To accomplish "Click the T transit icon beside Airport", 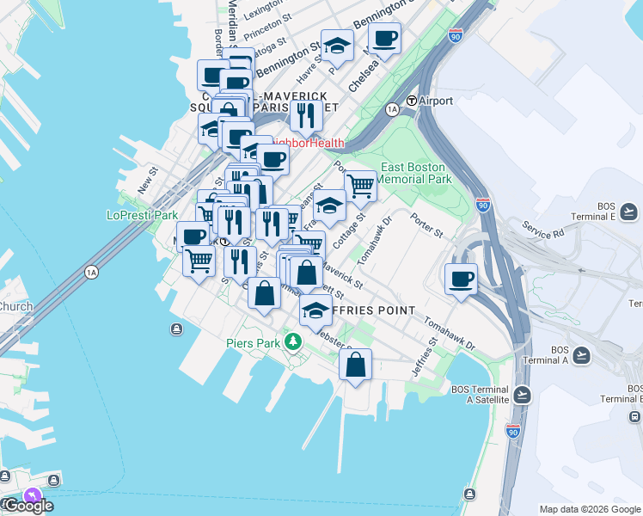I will pyautogui.click(x=412, y=101).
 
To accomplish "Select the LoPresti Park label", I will pyautogui.click(x=141, y=215).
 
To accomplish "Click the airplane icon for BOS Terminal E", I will pyautogui.click(x=629, y=211).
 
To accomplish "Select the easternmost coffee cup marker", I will pyautogui.click(x=462, y=279).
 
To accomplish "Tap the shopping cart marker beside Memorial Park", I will pyautogui.click(x=361, y=184).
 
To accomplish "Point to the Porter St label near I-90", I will pyautogui.click(x=426, y=226).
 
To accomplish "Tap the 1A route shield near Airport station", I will pyautogui.click(x=392, y=109).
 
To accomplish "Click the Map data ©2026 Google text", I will pyautogui.click(x=590, y=508).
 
